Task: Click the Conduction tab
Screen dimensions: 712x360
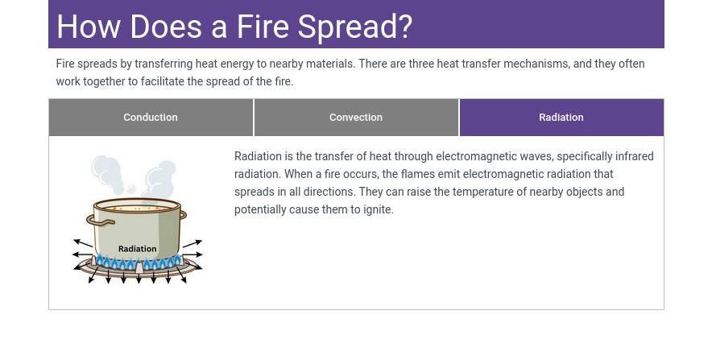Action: pyautogui.click(x=151, y=117)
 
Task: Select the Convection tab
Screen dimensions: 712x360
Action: pyautogui.click(x=356, y=117)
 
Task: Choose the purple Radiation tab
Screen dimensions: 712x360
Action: pyautogui.click(x=561, y=117)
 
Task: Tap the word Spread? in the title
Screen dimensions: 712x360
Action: pyautogui.click(x=354, y=27)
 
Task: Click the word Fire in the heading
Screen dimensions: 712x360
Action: pyautogui.click(x=263, y=27)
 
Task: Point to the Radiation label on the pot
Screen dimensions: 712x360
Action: pyautogui.click(x=137, y=249)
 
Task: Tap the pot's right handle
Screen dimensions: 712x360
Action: pyautogui.click(x=184, y=215)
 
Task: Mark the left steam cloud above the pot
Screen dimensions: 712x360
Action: pyautogui.click(x=107, y=174)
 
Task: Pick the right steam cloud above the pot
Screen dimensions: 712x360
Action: pyautogui.click(x=158, y=180)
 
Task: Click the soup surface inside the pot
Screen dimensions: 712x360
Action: pyautogui.click(x=138, y=208)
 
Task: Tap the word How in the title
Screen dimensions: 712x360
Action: pyautogui.click(x=89, y=27)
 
